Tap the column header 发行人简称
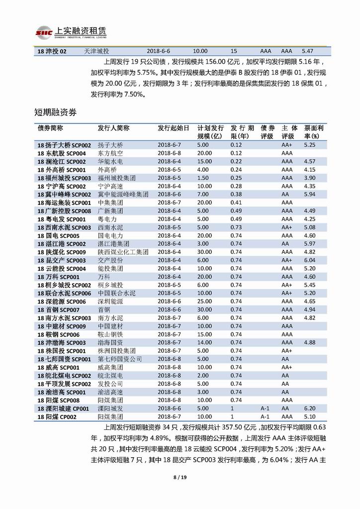point(113,128)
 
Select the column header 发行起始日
point(173,128)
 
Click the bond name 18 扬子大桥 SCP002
point(64,145)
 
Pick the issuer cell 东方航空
point(110,153)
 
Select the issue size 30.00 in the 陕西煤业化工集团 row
point(204,252)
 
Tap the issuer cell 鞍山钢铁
point(110,334)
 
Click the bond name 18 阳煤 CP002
point(57,417)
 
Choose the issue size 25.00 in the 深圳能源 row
point(204,302)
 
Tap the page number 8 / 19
point(180,478)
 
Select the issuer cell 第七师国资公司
point(120,359)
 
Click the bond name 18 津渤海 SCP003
point(61,342)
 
